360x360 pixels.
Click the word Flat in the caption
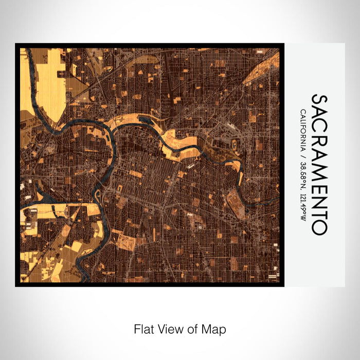[x=143, y=329]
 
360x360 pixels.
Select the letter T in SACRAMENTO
[x=319, y=213]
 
